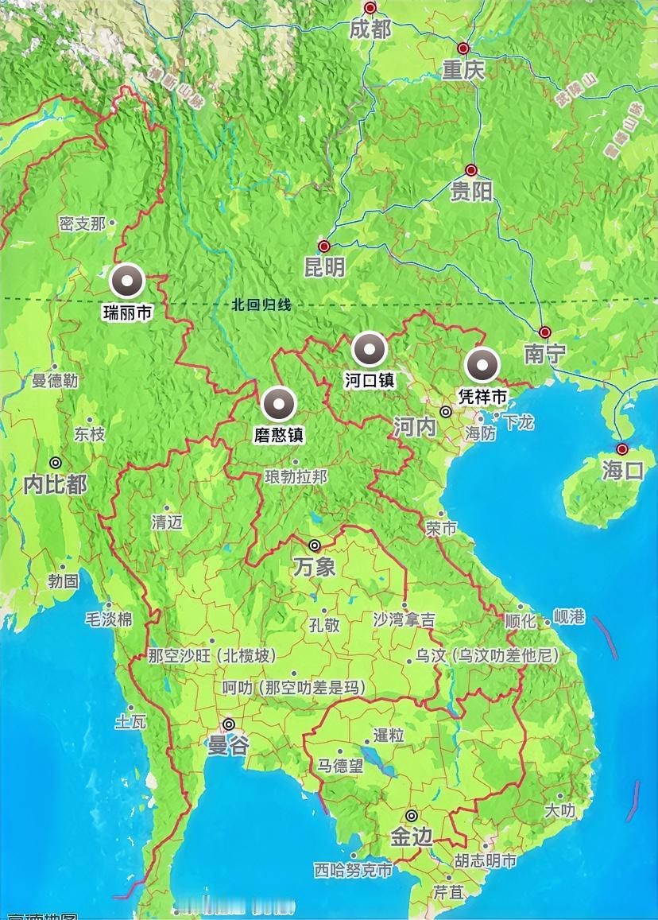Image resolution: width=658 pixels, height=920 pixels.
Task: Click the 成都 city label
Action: (370, 29)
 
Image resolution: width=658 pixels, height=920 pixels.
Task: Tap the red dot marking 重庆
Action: (463, 48)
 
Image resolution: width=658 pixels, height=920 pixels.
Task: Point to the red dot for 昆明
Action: (323, 246)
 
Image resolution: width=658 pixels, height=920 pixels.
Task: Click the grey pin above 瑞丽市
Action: (127, 281)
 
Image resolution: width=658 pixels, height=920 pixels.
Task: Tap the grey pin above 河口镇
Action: (370, 349)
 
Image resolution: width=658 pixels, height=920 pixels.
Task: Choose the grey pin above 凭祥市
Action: (482, 366)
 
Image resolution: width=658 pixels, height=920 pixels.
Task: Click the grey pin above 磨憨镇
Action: (279, 404)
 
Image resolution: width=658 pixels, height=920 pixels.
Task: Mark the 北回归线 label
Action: (262, 304)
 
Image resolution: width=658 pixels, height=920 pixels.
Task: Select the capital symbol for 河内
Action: (447, 412)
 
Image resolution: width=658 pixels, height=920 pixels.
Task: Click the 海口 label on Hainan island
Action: (622, 470)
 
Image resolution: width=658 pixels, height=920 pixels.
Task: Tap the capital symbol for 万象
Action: (315, 545)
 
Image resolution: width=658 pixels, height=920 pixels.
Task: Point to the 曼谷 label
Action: (228, 745)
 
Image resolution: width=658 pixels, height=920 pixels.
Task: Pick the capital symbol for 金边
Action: (412, 816)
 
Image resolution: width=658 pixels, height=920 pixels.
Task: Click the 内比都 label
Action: (55, 483)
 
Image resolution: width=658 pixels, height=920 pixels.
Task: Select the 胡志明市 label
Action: (486, 860)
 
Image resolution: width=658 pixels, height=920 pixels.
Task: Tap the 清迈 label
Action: (167, 522)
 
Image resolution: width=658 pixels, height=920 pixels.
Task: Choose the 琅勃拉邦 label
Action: (296, 476)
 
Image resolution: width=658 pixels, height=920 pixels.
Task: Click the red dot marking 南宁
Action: (545, 332)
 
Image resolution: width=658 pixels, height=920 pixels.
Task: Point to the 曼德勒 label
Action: (55, 381)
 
